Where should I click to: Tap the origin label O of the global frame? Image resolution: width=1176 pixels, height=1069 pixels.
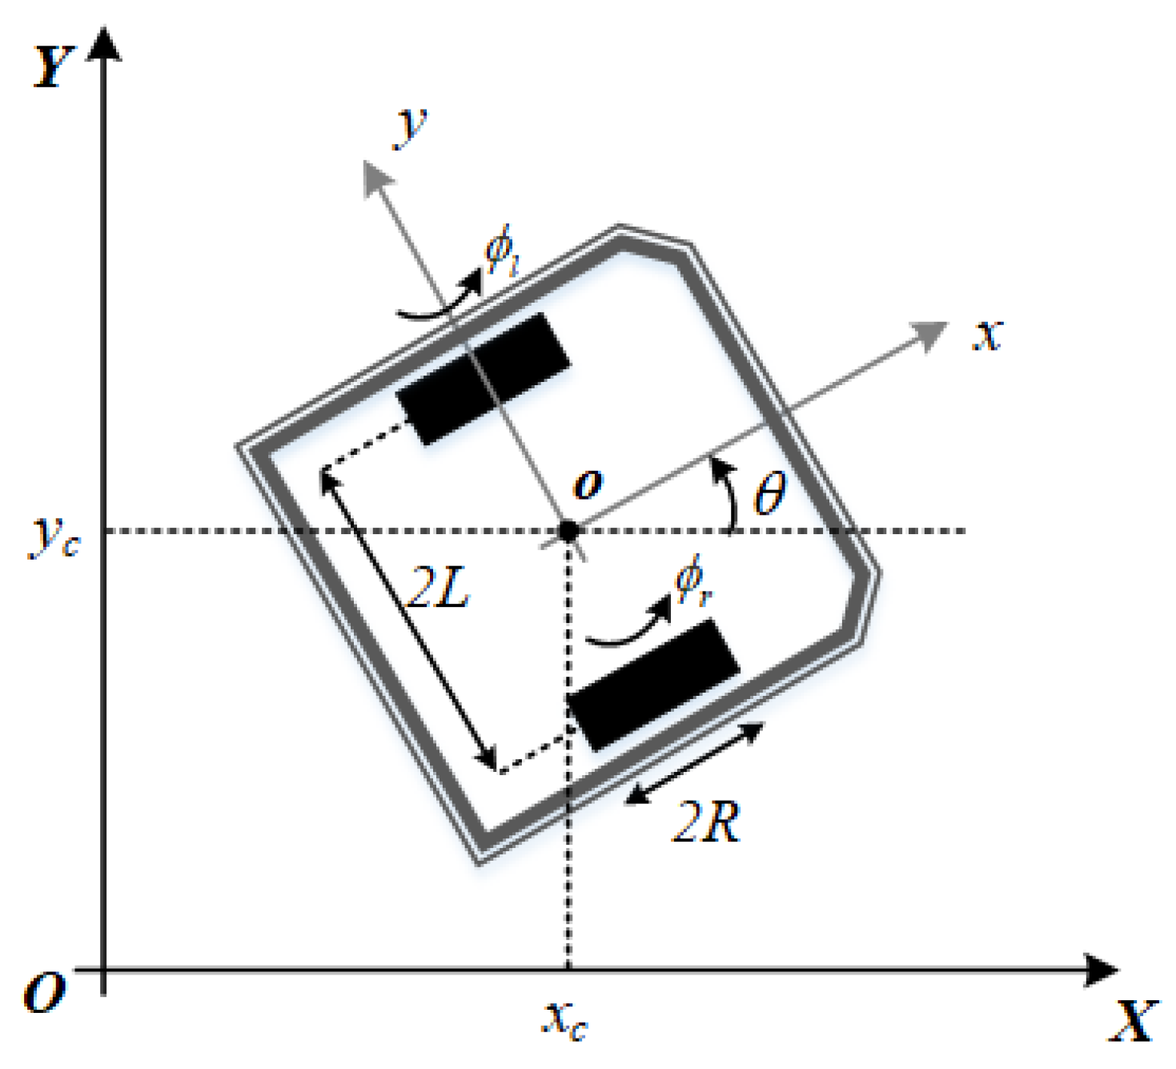44,993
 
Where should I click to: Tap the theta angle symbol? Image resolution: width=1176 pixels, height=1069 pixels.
769,493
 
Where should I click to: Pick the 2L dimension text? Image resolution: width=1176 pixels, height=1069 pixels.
438,589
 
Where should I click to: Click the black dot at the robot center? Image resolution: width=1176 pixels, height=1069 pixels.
568,530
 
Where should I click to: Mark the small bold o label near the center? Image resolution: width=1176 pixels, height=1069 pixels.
588,484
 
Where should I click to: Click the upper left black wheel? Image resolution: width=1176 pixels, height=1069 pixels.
484,378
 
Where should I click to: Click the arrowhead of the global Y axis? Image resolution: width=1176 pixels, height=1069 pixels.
104,44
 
